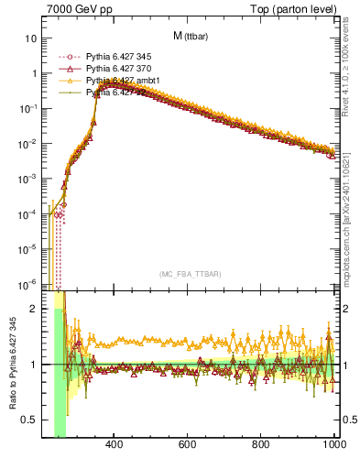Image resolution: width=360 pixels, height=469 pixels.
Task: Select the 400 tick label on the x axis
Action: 115,446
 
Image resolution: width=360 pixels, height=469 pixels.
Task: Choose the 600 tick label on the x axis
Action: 188,446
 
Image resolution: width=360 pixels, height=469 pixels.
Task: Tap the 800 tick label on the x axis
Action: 261,446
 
